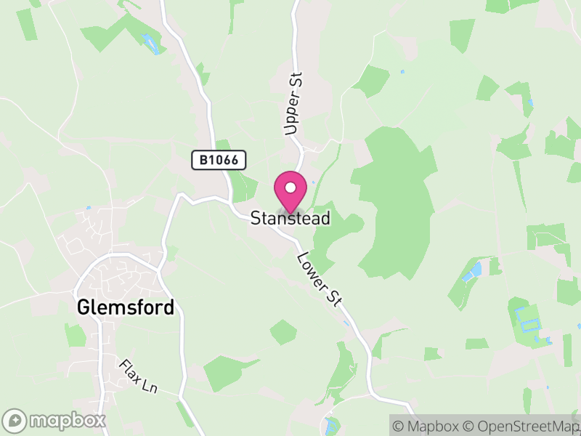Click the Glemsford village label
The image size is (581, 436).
point(126,307)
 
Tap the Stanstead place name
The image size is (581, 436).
point(290,218)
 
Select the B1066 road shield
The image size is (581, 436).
point(219,160)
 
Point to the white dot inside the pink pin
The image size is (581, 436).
point(290,188)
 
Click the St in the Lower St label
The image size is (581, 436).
point(335,298)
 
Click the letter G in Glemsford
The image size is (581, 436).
point(83,307)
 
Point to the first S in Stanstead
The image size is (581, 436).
point(255,218)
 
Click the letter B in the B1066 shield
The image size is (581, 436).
point(200,160)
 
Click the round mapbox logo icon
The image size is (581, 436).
point(15,420)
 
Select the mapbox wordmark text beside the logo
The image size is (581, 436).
point(67,420)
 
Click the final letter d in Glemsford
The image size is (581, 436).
point(170,307)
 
